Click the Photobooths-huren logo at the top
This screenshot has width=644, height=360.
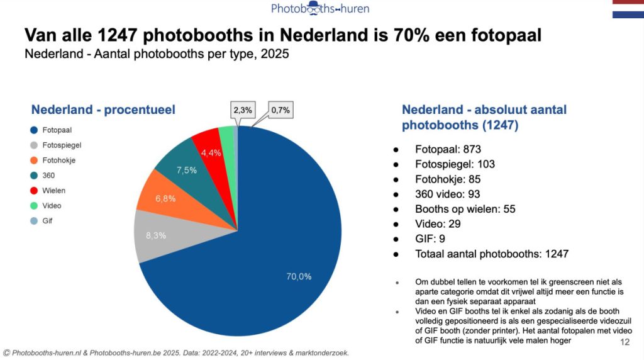[320, 9]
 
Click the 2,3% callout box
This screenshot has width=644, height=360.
[243, 110]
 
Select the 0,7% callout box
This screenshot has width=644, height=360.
[280, 110]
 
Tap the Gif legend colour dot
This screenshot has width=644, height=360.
[33, 221]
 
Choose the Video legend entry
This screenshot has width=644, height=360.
[50, 206]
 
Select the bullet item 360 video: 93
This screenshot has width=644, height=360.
[447, 194]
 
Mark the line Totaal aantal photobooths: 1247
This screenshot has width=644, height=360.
[492, 254]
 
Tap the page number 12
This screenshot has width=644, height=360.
[625, 342]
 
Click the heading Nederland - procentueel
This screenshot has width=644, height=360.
[103, 110]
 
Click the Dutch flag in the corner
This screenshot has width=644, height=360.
[628, 9]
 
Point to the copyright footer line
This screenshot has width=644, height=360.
[176, 353]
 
